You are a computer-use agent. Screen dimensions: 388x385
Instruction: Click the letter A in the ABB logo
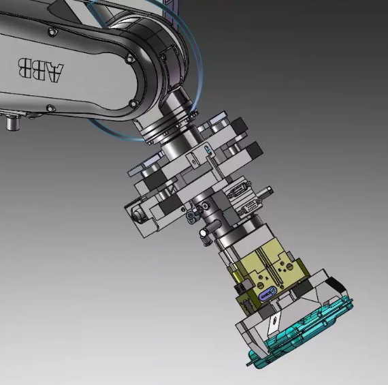click(x=54, y=72)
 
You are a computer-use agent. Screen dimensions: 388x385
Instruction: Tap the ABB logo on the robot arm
click(x=41, y=70)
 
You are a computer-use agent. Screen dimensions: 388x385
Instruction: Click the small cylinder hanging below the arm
click(x=13, y=123)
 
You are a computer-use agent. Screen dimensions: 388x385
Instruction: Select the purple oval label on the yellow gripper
click(x=266, y=294)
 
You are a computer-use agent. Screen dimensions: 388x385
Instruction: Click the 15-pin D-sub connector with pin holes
click(x=249, y=207)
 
